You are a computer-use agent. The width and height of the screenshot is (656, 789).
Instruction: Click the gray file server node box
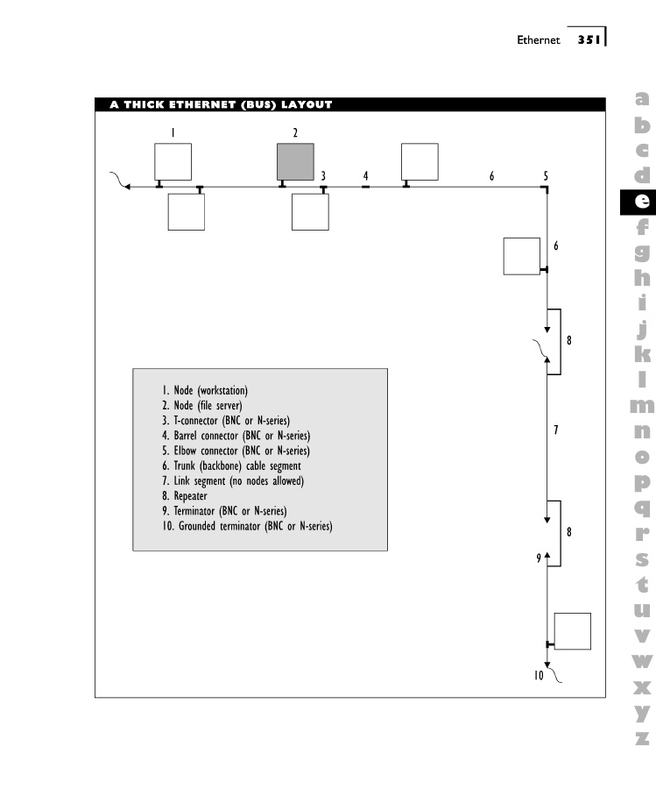295,162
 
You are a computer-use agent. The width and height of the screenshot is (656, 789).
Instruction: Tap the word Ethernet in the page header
538,40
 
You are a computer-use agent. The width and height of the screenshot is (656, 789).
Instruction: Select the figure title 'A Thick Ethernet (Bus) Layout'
221,105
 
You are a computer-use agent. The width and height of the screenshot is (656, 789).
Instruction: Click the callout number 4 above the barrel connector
366,175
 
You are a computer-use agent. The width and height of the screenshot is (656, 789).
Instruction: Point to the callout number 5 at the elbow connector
546,175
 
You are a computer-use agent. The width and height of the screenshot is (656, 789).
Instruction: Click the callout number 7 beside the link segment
555,430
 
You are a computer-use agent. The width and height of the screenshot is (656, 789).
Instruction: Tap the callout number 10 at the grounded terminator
540,675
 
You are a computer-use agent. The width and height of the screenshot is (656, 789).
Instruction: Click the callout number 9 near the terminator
539,558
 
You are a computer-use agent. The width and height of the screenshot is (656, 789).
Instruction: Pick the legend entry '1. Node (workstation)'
204,390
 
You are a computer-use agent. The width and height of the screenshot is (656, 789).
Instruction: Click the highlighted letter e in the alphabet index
642,201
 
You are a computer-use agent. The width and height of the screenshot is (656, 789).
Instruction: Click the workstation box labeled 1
173,162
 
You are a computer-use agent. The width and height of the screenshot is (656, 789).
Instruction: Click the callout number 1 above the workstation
173,132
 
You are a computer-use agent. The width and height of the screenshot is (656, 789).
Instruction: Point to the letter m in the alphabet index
642,405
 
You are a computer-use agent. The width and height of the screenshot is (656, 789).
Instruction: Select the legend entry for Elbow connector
236,451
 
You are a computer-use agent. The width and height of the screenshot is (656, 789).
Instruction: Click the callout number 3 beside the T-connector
323,175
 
